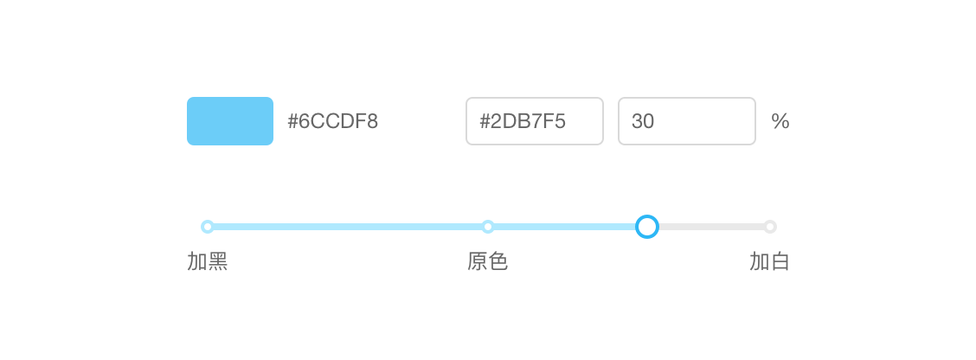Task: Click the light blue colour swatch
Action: [x=229, y=121]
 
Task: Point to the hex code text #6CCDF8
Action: [x=332, y=121]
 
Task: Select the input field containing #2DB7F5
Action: [x=535, y=121]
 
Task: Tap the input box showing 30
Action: [x=686, y=121]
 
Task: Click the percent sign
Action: [x=780, y=121]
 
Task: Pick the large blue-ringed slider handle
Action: [x=646, y=227]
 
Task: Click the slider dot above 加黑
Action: [x=208, y=227]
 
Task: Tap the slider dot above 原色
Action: [x=488, y=227]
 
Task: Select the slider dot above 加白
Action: [x=770, y=227]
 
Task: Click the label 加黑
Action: [x=208, y=262]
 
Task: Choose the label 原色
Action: [x=488, y=262]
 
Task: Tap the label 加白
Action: [x=769, y=262]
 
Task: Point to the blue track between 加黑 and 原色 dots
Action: [x=348, y=227]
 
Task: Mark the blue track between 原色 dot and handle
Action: [x=565, y=227]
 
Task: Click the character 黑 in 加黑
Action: [x=218, y=262]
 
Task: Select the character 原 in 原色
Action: [x=478, y=262]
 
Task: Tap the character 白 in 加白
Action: [x=780, y=262]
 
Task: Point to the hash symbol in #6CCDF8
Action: [x=292, y=121]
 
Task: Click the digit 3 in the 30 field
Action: [x=637, y=121]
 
